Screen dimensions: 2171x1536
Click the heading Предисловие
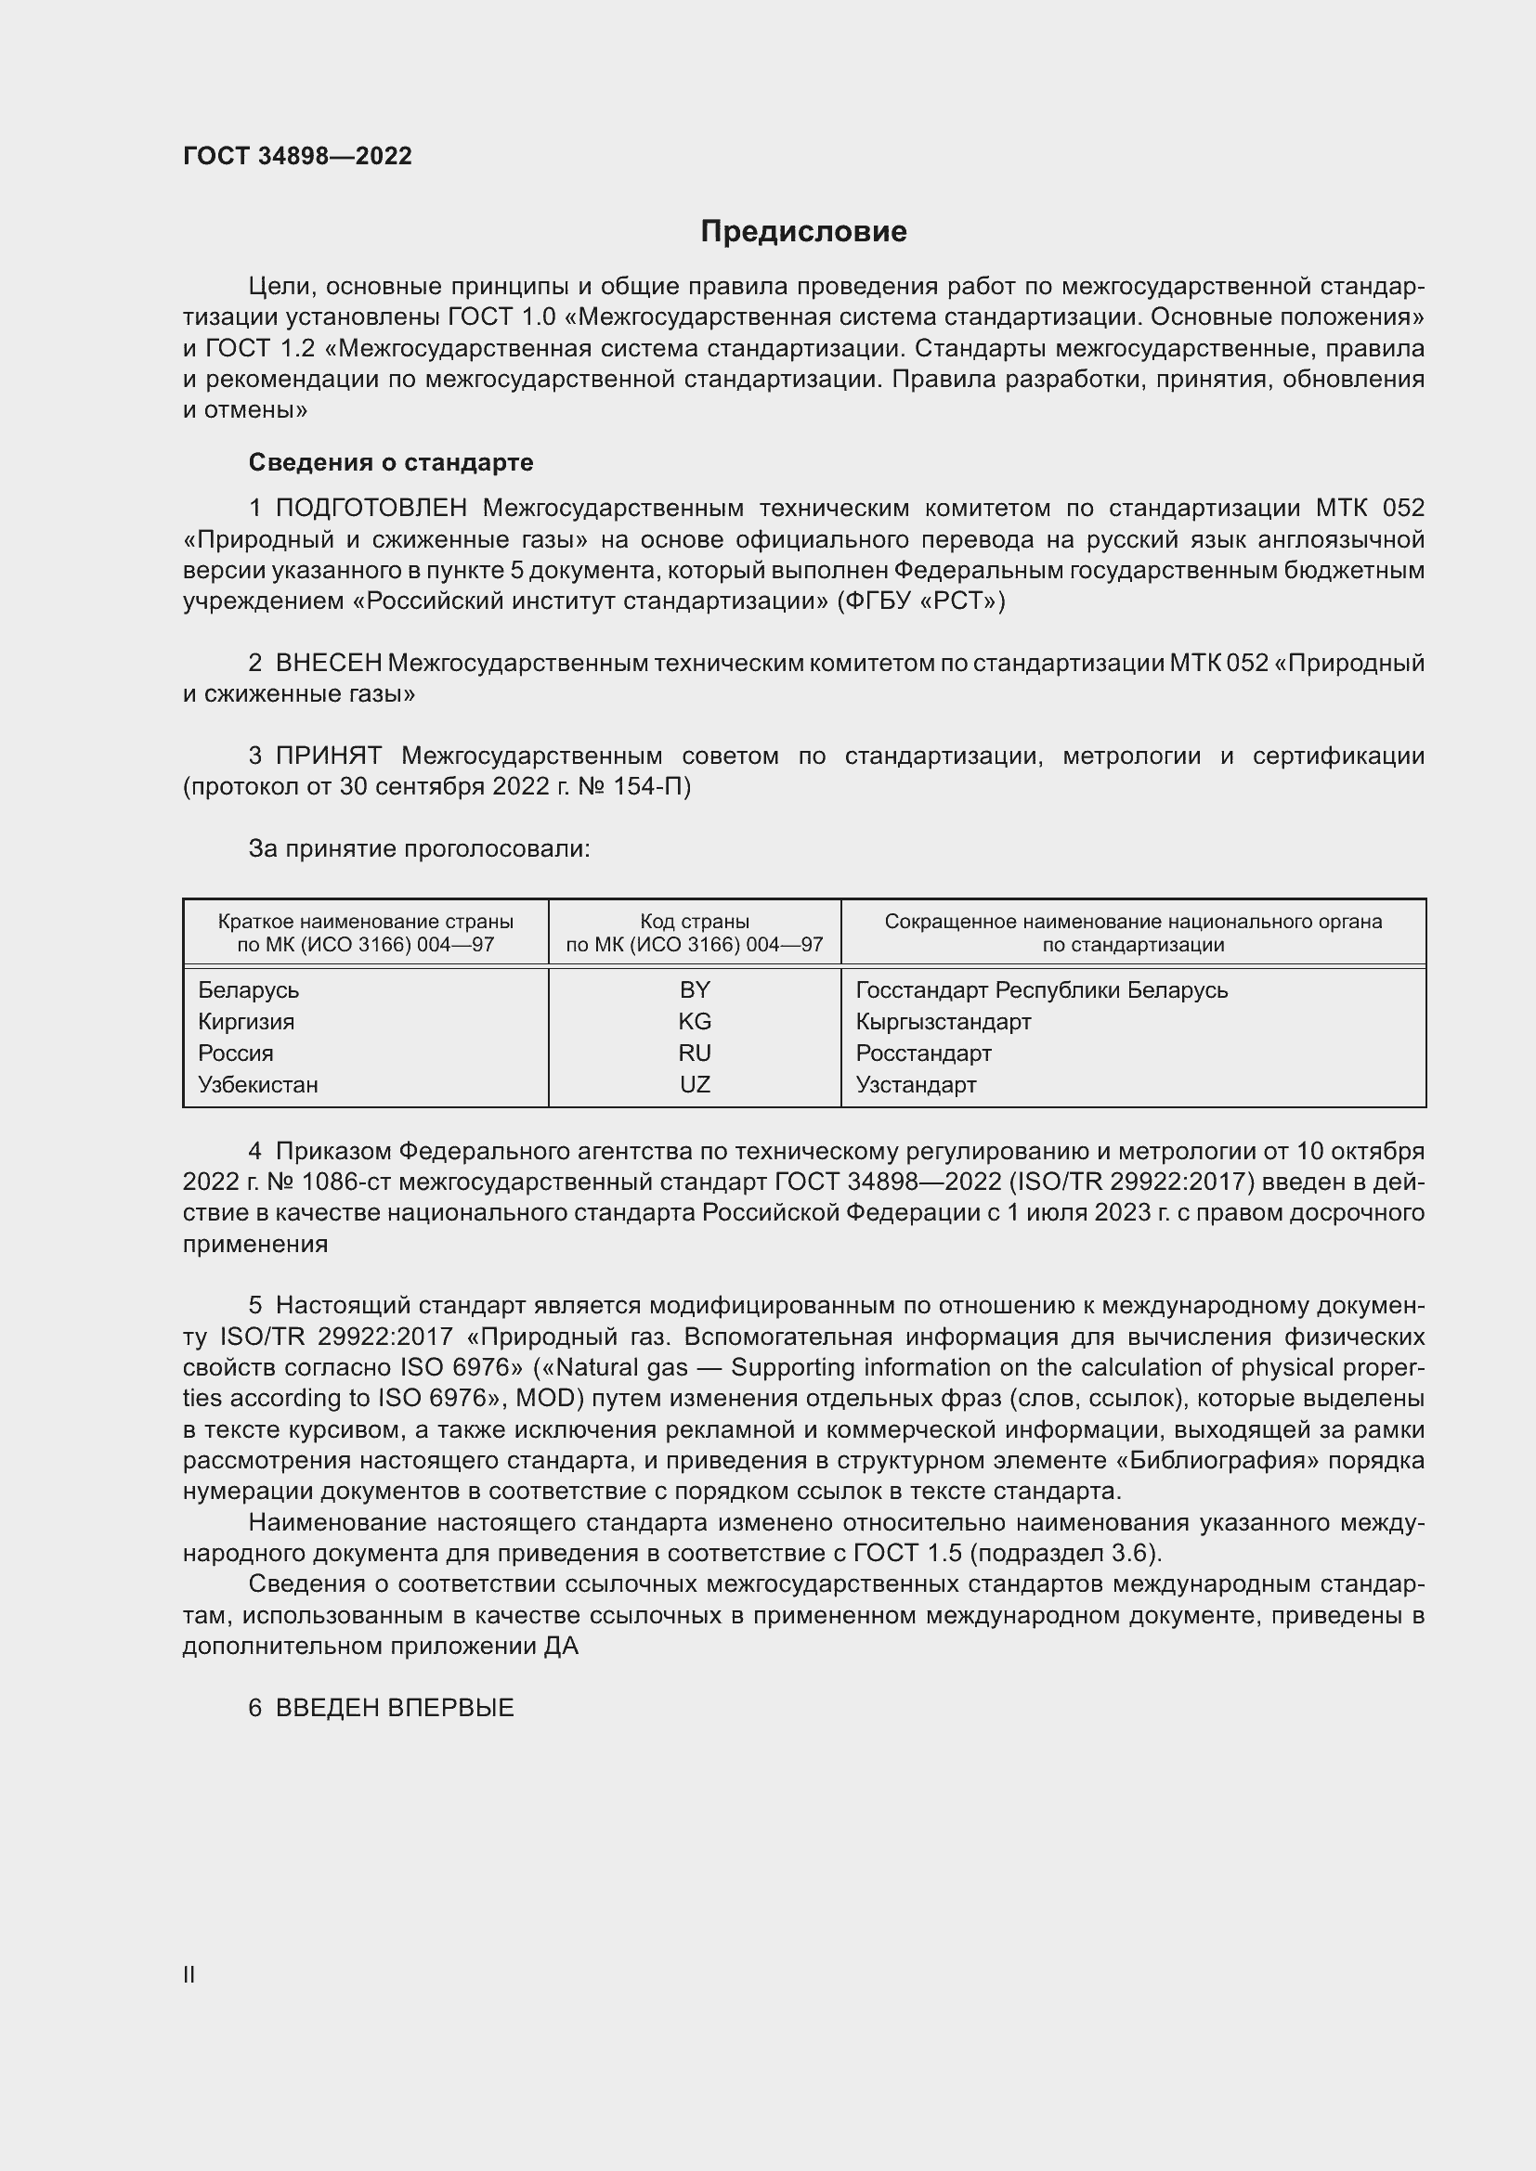click(x=803, y=232)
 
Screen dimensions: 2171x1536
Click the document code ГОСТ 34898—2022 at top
click(x=297, y=156)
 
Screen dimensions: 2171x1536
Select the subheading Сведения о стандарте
click(x=391, y=462)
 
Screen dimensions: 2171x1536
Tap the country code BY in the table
click(x=695, y=990)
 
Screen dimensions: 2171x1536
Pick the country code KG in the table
click(x=695, y=1021)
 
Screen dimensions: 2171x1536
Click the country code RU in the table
click(x=695, y=1053)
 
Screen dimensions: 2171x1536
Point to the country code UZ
click(x=695, y=1084)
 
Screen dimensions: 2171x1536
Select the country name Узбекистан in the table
click(x=258, y=1084)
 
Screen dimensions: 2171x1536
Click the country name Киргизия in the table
click(x=246, y=1021)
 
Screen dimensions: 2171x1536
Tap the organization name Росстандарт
click(x=923, y=1053)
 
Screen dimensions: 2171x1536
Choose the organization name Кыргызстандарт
click(x=943, y=1021)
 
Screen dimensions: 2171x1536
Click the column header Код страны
click(x=695, y=921)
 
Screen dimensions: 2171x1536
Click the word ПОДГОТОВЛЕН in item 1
click(x=371, y=509)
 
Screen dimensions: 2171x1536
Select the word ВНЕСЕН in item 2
click(x=328, y=663)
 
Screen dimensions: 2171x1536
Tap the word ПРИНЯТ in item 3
click(x=328, y=756)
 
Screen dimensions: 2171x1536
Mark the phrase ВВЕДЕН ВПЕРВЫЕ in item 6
click(x=395, y=1708)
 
